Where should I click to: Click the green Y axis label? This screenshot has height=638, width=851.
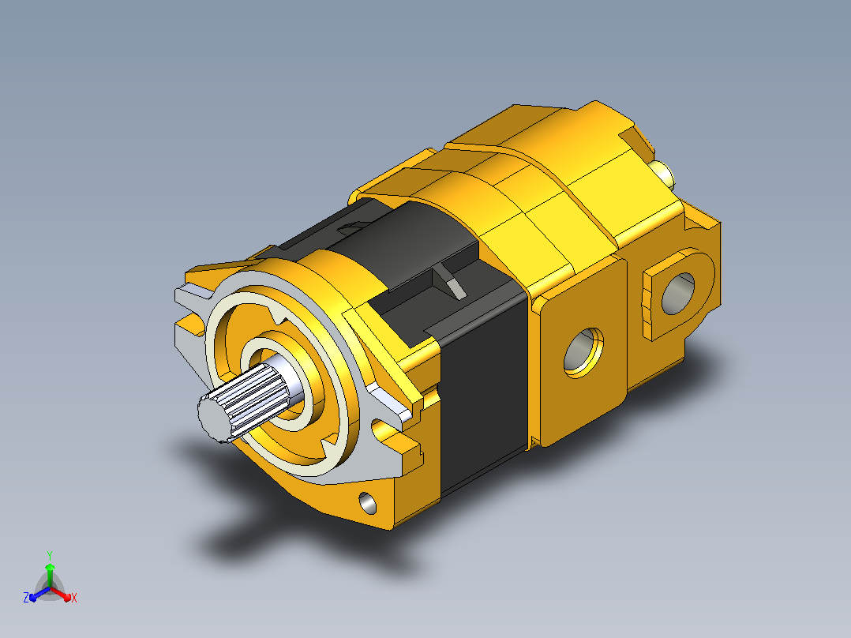(x=50, y=555)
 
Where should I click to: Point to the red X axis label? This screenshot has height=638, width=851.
(x=74, y=598)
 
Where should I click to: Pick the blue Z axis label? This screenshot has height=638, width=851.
(x=25, y=598)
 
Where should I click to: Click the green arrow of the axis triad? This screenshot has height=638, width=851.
(x=50, y=575)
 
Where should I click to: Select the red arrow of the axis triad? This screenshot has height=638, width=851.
(x=62, y=594)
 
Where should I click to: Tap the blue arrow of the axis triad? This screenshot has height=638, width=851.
(x=39, y=594)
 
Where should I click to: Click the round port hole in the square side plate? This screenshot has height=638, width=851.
(x=583, y=352)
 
